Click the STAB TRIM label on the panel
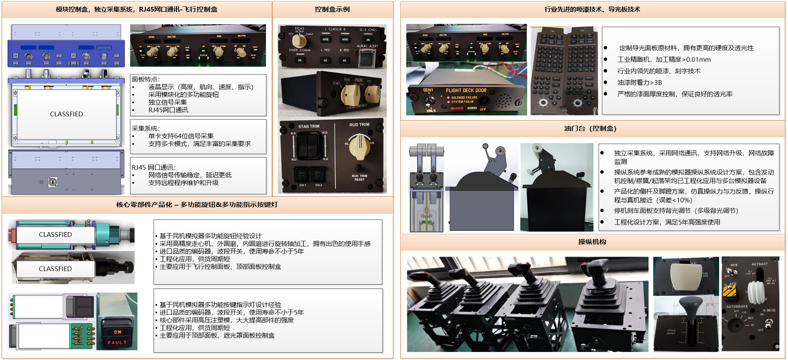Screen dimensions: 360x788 pos(309,126)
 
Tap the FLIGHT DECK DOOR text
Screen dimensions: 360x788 pos(466,90)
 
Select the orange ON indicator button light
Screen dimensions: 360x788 pos(117,332)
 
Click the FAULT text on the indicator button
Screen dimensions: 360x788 pos(117,343)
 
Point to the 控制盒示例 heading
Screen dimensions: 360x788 pos(332,9)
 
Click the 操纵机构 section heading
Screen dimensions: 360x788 pos(592,242)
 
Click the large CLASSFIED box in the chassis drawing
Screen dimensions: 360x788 pos(66,114)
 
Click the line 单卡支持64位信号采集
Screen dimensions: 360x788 pos(181,136)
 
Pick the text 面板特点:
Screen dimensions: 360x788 pos(145,79)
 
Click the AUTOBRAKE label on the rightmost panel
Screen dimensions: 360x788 pos(737,306)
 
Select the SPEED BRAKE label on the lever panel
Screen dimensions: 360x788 pos(671,332)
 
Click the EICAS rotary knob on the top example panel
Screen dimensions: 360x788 pos(299,40)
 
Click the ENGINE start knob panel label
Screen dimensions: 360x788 pos(358,80)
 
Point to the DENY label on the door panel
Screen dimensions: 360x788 pos(428,90)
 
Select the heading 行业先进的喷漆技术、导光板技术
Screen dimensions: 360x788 pos(592,9)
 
